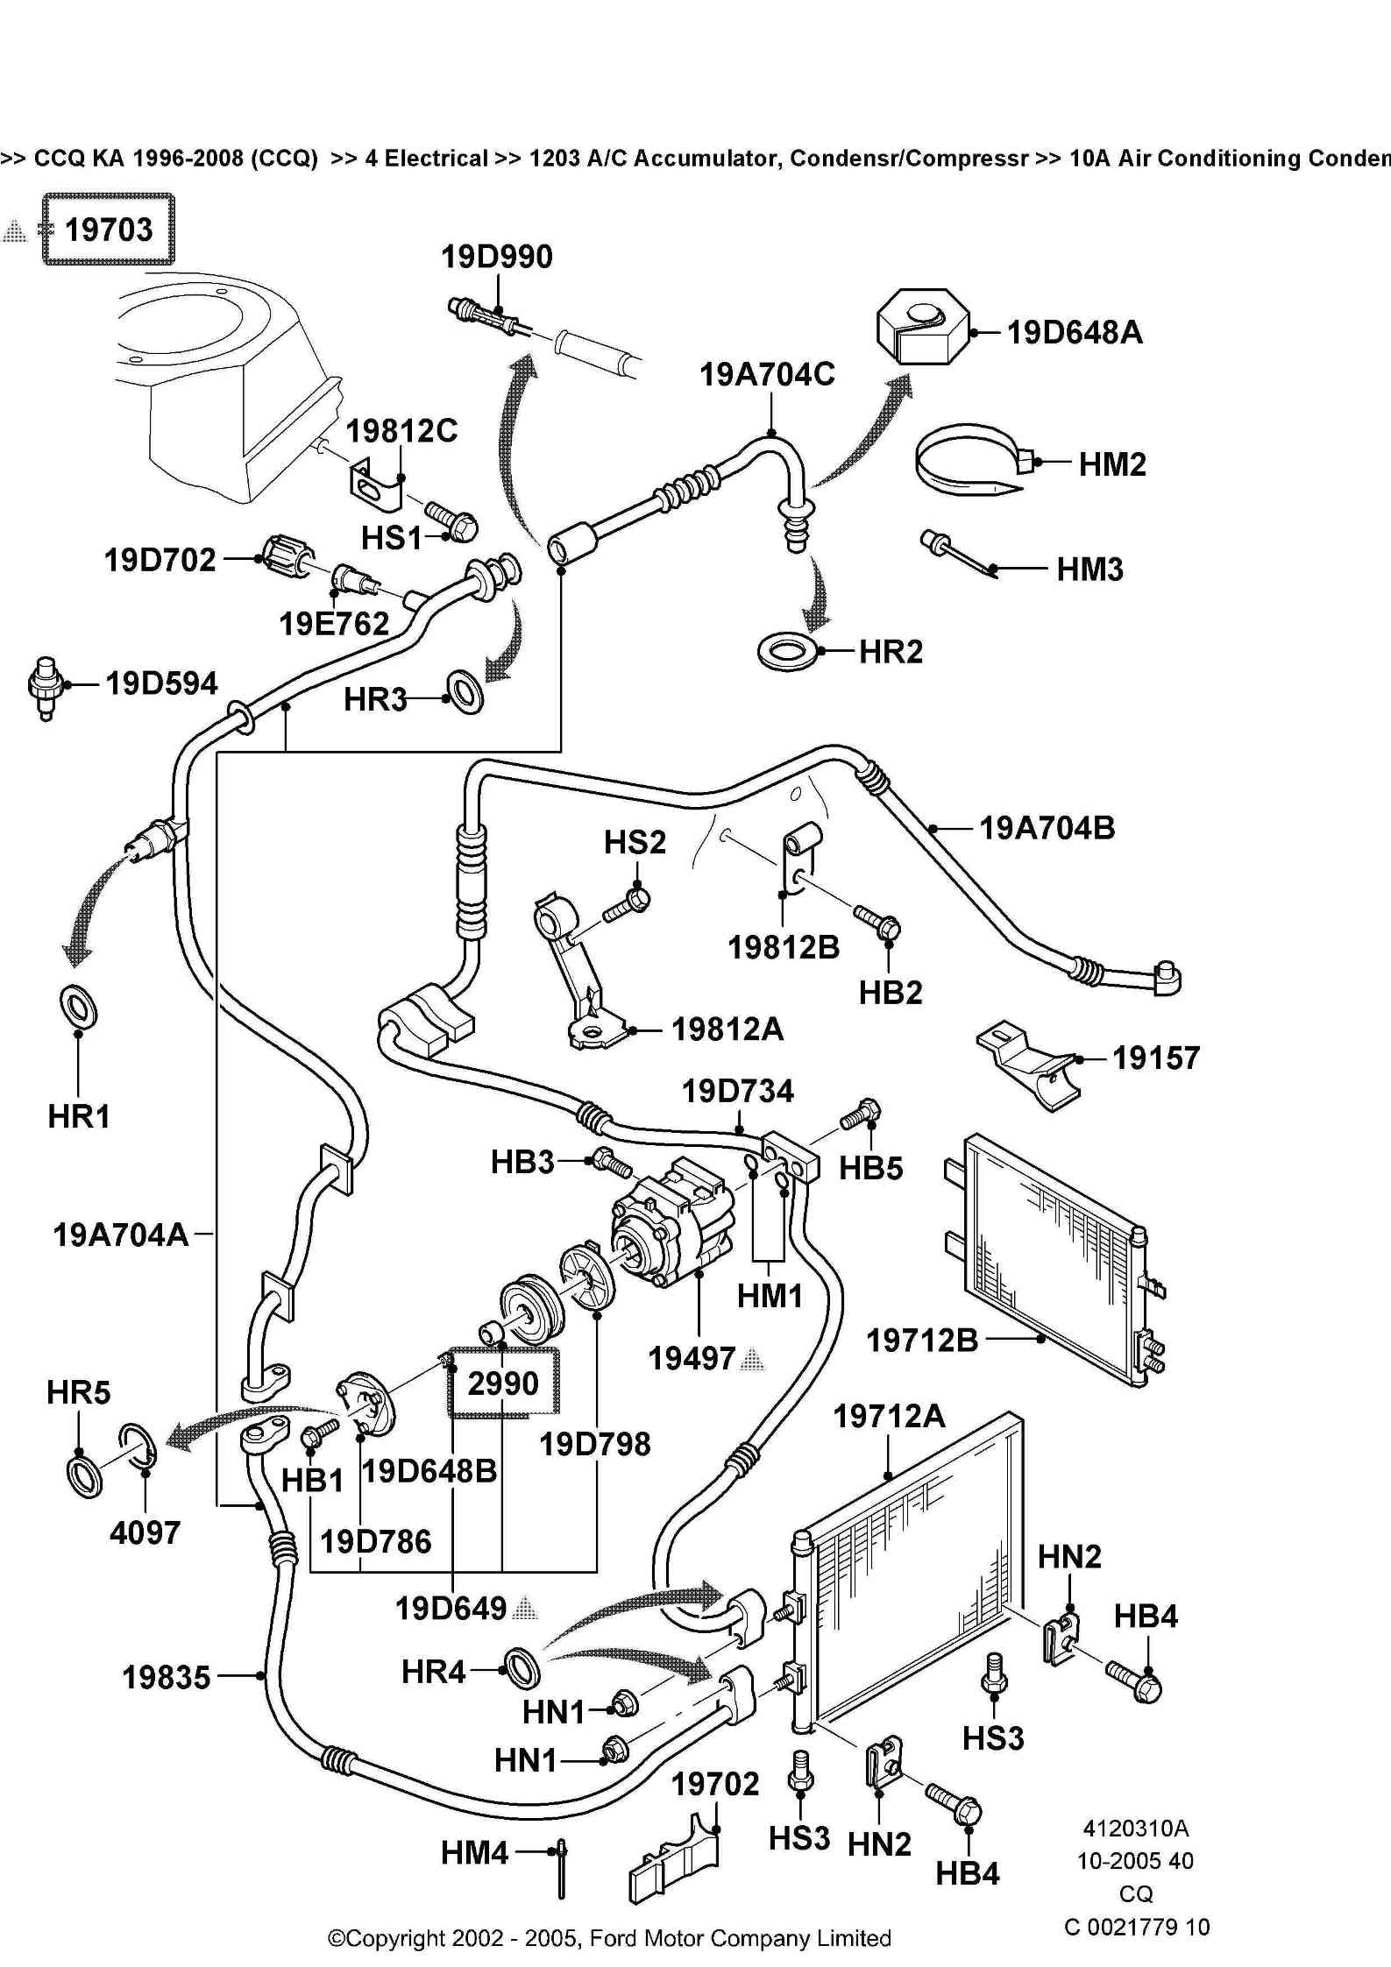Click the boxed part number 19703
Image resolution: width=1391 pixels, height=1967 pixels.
click(109, 230)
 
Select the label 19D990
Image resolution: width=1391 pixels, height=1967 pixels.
click(496, 257)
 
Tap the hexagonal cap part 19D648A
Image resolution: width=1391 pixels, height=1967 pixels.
click(922, 326)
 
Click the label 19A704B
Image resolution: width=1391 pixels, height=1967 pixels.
click(1047, 828)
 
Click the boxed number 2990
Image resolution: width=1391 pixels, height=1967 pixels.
click(502, 1383)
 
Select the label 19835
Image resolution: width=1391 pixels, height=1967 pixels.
click(167, 1677)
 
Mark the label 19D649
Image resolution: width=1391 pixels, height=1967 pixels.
click(451, 1609)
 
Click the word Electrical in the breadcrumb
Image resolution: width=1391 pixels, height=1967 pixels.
click(425, 159)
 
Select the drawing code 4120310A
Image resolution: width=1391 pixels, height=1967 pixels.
click(1135, 1828)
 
